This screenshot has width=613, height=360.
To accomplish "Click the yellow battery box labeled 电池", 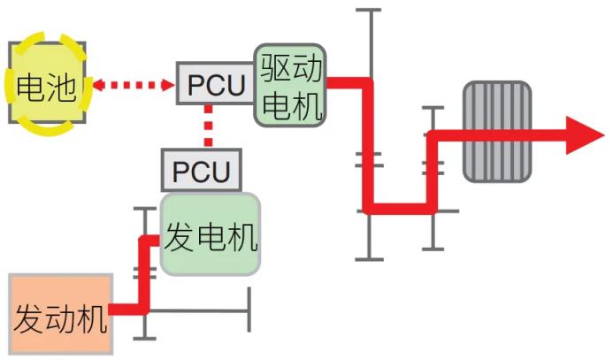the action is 47,83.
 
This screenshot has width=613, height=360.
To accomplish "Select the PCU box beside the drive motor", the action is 216,83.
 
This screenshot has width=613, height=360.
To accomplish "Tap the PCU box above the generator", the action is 202,171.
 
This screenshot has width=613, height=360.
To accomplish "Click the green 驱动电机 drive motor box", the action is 290,85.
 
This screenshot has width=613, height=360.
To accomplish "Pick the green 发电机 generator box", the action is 211,234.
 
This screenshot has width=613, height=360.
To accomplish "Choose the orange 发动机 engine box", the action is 61,314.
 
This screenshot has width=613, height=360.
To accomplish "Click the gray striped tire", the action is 497,132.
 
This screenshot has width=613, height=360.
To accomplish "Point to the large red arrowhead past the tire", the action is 585,135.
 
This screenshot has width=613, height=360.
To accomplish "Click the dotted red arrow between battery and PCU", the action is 134,85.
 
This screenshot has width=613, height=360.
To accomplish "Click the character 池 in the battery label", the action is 62,88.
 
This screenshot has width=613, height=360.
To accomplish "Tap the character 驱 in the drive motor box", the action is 276,67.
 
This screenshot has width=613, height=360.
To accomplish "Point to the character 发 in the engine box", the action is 27,318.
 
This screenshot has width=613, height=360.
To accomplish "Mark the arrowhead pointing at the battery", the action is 97,85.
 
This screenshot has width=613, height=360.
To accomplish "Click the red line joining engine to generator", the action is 144,273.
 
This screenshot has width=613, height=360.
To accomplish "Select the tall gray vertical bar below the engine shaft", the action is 249,310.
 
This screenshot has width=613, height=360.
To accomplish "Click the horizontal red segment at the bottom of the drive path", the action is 400,209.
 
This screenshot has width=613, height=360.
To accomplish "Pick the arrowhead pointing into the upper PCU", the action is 169,85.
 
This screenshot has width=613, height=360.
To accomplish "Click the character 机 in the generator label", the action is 243,237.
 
